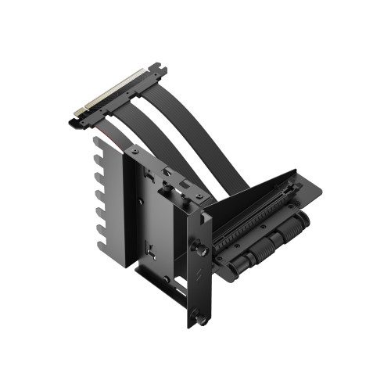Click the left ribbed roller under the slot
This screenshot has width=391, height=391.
(249, 246)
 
